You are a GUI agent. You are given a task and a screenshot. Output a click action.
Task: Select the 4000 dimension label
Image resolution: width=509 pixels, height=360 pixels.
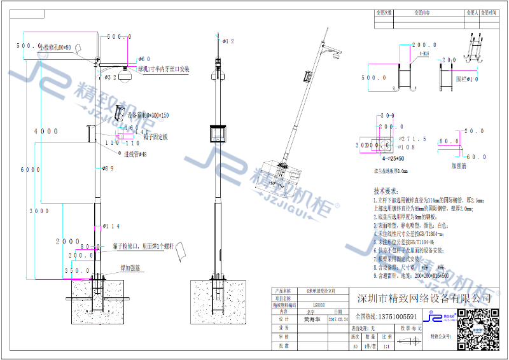click(x=45, y=131)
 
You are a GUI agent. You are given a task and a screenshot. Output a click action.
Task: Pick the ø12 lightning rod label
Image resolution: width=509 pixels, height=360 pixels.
click(x=228, y=41)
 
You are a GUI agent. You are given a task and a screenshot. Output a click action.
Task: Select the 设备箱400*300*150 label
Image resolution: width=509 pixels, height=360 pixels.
click(x=148, y=115)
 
